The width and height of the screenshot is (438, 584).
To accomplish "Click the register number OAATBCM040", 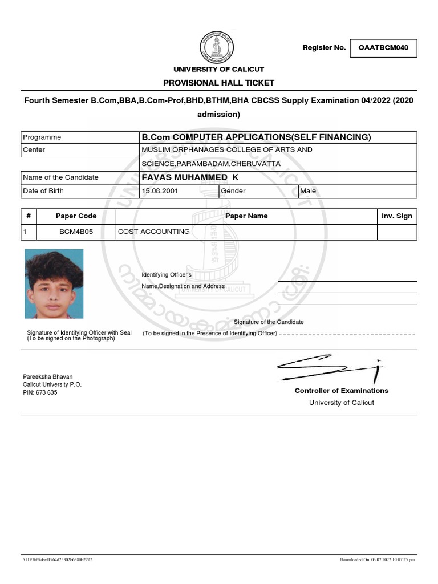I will [x=383, y=48].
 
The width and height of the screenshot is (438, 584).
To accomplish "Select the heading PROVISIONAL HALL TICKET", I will [x=218, y=83].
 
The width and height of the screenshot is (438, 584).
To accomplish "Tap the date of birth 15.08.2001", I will [x=160, y=191].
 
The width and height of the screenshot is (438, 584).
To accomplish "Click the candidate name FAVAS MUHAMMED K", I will [x=190, y=177].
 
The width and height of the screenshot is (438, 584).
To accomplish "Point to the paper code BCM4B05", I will [x=76, y=232].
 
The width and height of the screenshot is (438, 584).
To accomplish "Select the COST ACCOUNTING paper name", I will [x=154, y=232].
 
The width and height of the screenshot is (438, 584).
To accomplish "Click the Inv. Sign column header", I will [x=396, y=216].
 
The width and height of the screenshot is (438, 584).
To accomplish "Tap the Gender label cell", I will [x=233, y=191].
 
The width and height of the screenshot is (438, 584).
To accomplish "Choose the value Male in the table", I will [x=308, y=191].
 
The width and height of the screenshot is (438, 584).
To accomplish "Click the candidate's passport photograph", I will [x=54, y=283].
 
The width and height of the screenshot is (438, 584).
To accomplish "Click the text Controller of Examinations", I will [x=341, y=391].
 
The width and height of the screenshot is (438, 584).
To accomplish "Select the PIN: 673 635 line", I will [x=40, y=392].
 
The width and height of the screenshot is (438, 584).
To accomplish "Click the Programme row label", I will [x=42, y=137].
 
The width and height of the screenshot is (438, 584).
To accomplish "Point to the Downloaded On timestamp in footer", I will [x=377, y=559].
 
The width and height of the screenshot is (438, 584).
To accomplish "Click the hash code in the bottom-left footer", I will [x=57, y=559].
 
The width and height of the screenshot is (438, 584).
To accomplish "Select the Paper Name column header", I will [x=246, y=216].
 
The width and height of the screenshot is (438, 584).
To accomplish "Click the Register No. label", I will [x=324, y=48].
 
